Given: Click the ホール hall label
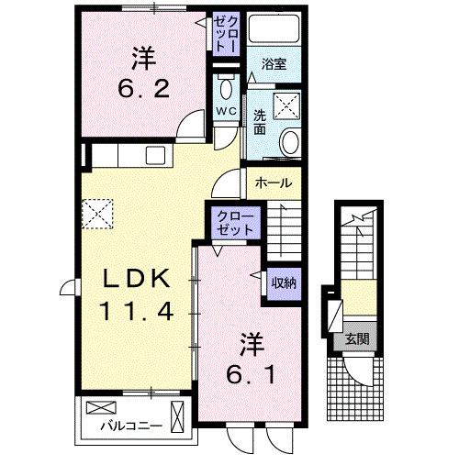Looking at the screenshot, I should coord(273,183).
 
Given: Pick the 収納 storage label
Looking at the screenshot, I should coord(282,282).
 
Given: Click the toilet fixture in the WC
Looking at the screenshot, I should coord(227,88).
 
